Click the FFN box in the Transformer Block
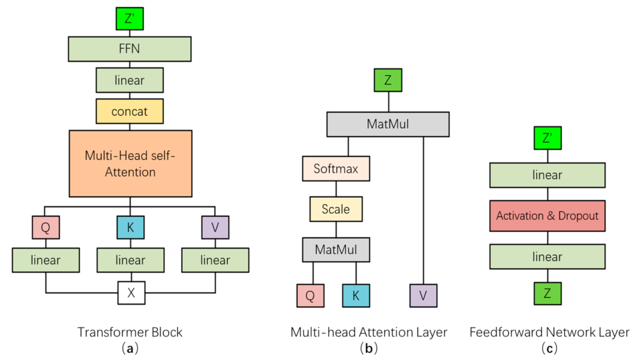click(129, 48)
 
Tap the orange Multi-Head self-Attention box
click(129, 164)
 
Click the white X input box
click(131, 292)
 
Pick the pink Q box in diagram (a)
click(45, 227)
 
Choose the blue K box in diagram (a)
click(130, 227)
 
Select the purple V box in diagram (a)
click(215, 227)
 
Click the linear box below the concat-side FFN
click(129, 80)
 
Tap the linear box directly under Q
click(45, 260)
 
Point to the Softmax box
click(336, 168)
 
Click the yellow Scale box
click(336, 209)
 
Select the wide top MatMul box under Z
click(388, 124)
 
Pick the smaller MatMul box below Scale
click(336, 249)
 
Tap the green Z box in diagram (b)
click(388, 80)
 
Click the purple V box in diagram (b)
click(424, 295)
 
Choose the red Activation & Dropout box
click(547, 216)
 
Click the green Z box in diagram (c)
click(547, 293)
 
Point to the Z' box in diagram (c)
click(547, 137)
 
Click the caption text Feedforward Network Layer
click(549, 332)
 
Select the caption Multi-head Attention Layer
click(368, 332)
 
